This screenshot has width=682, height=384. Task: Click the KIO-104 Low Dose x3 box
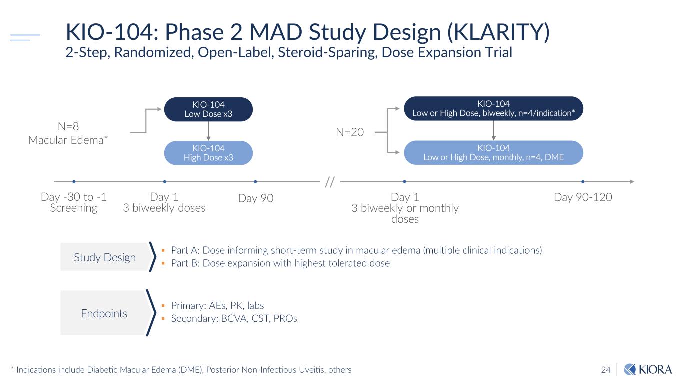pos(208,109)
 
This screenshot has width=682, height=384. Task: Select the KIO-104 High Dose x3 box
pos(208,153)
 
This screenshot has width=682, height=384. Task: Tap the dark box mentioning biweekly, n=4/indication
pos(493,108)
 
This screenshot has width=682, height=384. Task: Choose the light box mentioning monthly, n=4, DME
pos(493,152)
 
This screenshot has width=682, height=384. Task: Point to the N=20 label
pos(350,132)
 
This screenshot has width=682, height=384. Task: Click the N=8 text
pos(68,127)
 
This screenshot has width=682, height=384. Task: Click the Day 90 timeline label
pos(256,198)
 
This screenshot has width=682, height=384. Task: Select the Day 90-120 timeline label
pos(583,197)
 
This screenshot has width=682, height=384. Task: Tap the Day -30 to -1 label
pos(73,197)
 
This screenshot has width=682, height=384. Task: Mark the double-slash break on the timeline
pos(329,182)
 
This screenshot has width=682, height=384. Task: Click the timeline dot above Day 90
pos(255,182)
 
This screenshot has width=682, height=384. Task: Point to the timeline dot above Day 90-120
pos(583,182)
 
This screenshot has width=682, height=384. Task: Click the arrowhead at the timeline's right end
pos(632,182)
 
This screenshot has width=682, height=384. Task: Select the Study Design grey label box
pos(105,257)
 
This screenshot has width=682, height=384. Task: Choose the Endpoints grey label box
pos(104,313)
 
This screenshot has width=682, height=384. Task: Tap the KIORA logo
pos(648,369)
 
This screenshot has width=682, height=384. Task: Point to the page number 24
pos(606,370)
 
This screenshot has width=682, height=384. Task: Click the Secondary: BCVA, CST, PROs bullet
pos(234,319)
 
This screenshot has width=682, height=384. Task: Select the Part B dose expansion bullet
pos(280,263)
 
